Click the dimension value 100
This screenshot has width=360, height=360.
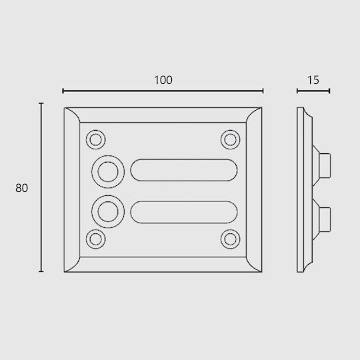point(163,80)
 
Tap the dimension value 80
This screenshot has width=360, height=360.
point(21,188)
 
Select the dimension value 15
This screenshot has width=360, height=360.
point(313,80)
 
